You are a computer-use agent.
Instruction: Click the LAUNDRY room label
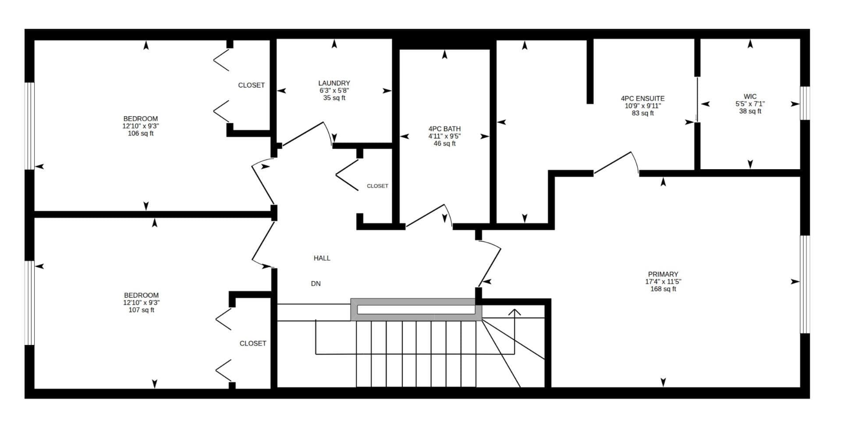pos(334,83)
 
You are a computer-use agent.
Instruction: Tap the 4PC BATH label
pos(444,129)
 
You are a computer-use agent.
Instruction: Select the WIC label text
pos(750,97)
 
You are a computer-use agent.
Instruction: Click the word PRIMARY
pos(663,274)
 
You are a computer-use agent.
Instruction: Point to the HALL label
pos(322,258)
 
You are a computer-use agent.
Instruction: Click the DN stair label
pos(316,284)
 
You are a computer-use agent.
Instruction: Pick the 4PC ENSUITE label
pos(642,99)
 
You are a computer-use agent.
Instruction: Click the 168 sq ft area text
pos(663,289)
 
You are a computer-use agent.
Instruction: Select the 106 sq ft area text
pos(140,134)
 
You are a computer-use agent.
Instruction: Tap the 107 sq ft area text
pos(141,310)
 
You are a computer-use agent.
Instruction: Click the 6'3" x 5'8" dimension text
pos(334,91)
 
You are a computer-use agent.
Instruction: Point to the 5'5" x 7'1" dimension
pos(750,104)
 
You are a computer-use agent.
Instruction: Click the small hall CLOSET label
pos(377,186)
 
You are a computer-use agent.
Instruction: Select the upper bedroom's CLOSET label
pos(251,85)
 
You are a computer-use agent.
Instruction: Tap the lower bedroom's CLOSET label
pos(253,344)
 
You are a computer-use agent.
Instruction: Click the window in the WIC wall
pos(805,103)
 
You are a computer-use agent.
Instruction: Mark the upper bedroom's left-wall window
pos(29,126)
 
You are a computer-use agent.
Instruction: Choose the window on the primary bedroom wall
pos(805,284)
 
